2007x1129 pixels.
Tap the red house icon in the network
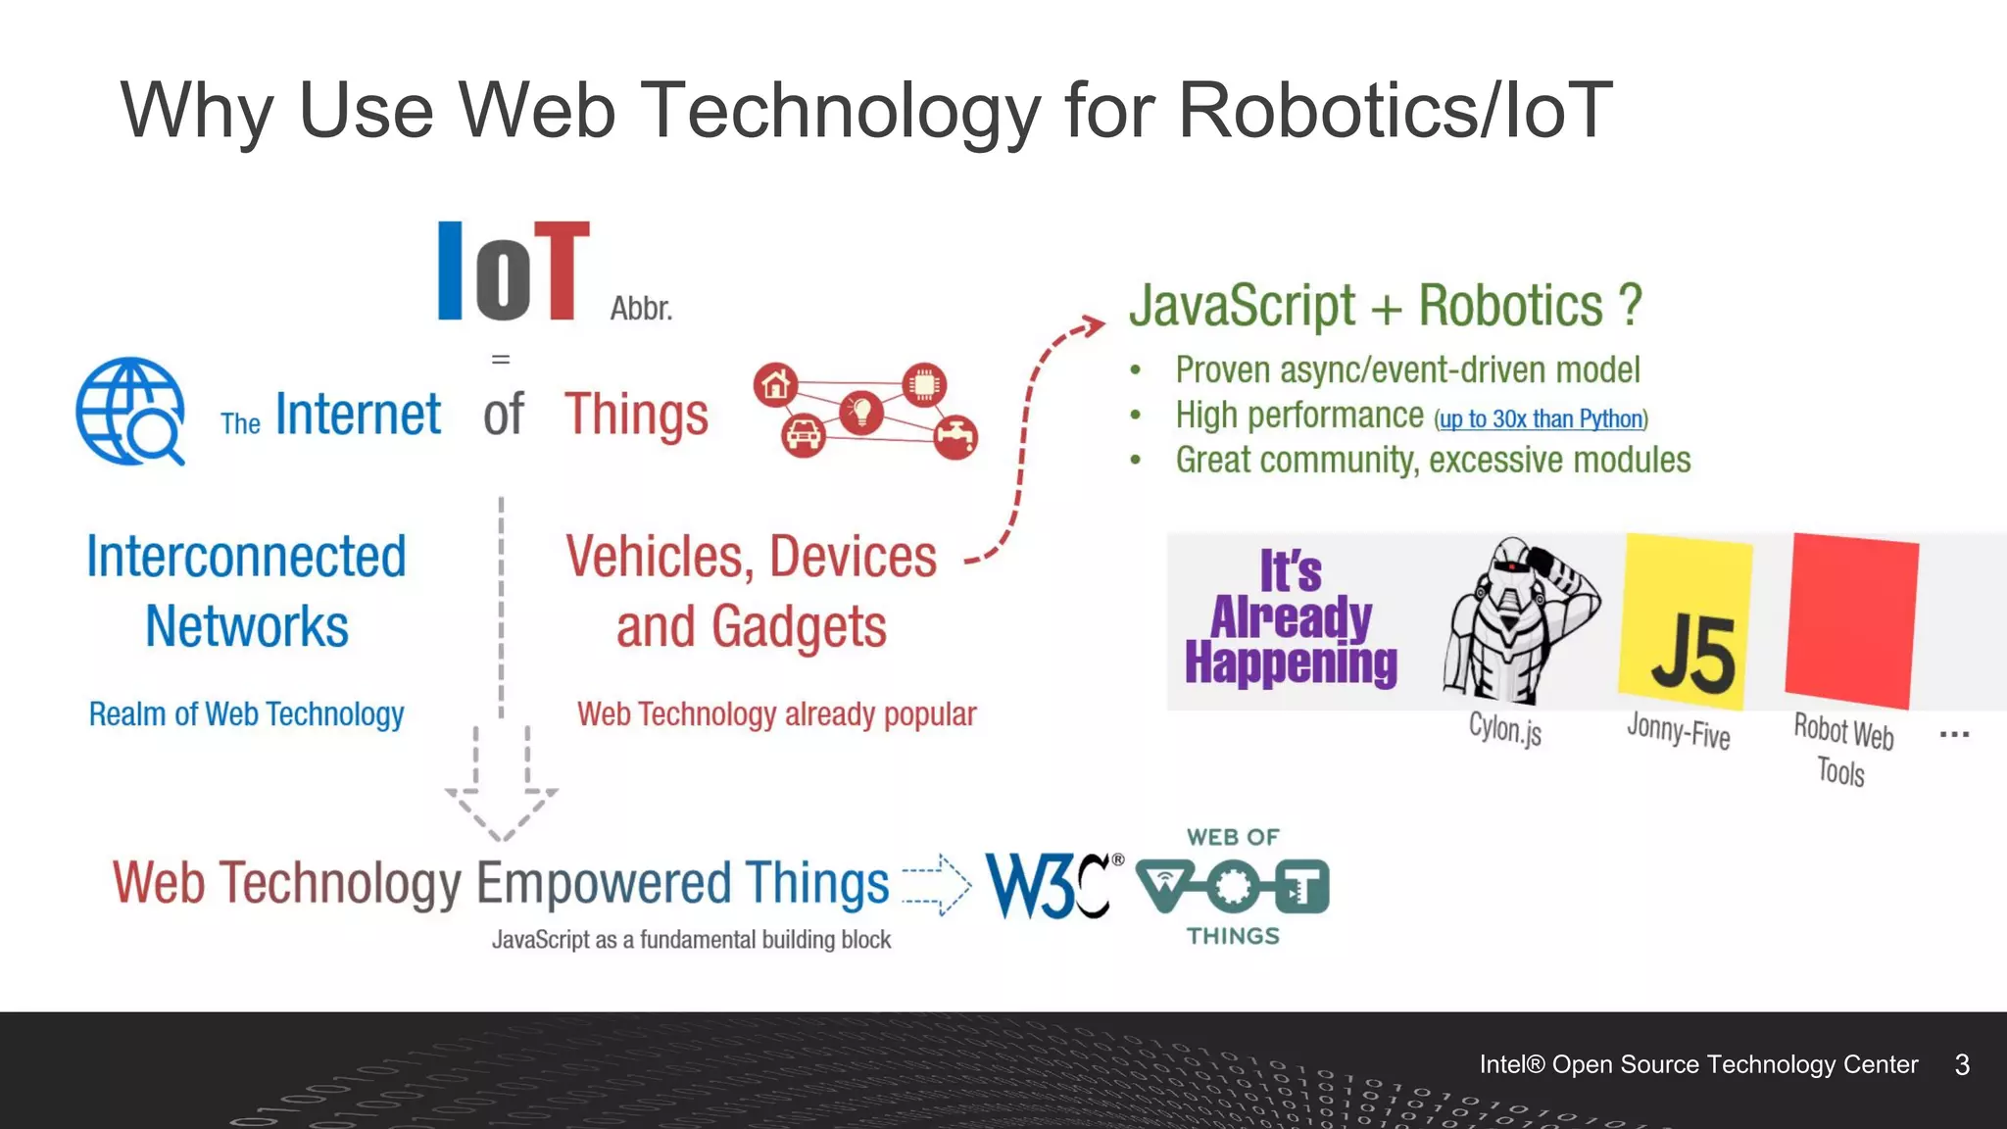775,385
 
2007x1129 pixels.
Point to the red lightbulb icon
861,412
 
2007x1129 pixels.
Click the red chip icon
923,384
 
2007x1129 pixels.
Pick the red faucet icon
955,437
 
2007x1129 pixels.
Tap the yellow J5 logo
1686,621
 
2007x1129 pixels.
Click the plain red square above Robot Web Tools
1851,620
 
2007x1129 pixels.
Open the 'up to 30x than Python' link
1541,419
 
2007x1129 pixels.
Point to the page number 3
1962,1065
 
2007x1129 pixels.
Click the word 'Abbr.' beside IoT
641,309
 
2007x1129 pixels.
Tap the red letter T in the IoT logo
562,270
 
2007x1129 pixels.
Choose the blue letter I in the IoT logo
450,270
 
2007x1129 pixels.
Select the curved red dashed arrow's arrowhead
1091,325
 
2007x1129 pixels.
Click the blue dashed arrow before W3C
936,884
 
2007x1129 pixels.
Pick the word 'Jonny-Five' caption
1678,731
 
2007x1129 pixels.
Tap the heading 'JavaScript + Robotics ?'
1385,306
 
